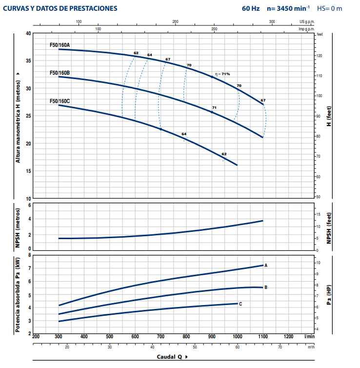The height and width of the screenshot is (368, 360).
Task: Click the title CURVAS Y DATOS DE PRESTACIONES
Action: click(60, 8)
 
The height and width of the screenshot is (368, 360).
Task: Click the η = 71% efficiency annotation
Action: click(222, 74)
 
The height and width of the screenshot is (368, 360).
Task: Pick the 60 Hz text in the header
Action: click(251, 8)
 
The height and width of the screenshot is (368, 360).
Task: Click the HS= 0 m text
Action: click(330, 8)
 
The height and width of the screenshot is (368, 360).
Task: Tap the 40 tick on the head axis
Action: click(28, 33)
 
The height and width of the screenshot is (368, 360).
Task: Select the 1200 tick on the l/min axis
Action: click(288, 336)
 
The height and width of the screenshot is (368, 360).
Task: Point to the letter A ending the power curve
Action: click(266, 266)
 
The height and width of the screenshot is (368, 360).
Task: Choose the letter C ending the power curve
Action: click(240, 304)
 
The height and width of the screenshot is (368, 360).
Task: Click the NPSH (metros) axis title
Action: click(18, 227)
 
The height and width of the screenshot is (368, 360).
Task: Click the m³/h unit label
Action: click(311, 347)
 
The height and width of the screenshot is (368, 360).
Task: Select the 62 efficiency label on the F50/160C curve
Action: click(224, 154)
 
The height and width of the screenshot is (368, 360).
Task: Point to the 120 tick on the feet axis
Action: click(320, 56)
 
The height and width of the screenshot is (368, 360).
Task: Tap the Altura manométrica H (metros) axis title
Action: click(18, 116)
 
